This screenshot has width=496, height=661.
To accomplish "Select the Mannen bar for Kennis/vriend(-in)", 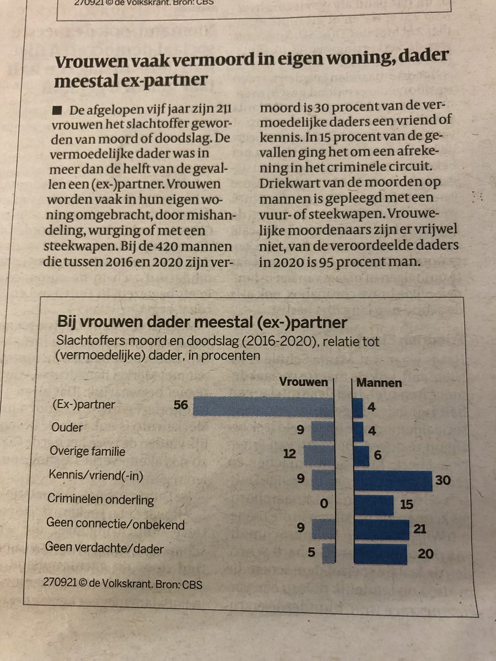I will (392, 480).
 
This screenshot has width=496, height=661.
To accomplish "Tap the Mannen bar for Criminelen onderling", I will (373, 505).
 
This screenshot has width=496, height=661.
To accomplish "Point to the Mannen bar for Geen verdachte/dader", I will (380, 554).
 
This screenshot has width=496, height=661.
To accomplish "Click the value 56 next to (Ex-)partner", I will (180, 405).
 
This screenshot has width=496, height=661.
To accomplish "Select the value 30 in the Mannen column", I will (442, 480).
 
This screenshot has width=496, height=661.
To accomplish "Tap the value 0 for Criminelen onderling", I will (324, 503).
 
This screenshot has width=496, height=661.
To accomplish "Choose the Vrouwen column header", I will (304, 382).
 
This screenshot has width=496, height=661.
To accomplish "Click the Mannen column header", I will (380, 382).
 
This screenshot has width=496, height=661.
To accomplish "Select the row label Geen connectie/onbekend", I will (115, 524).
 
